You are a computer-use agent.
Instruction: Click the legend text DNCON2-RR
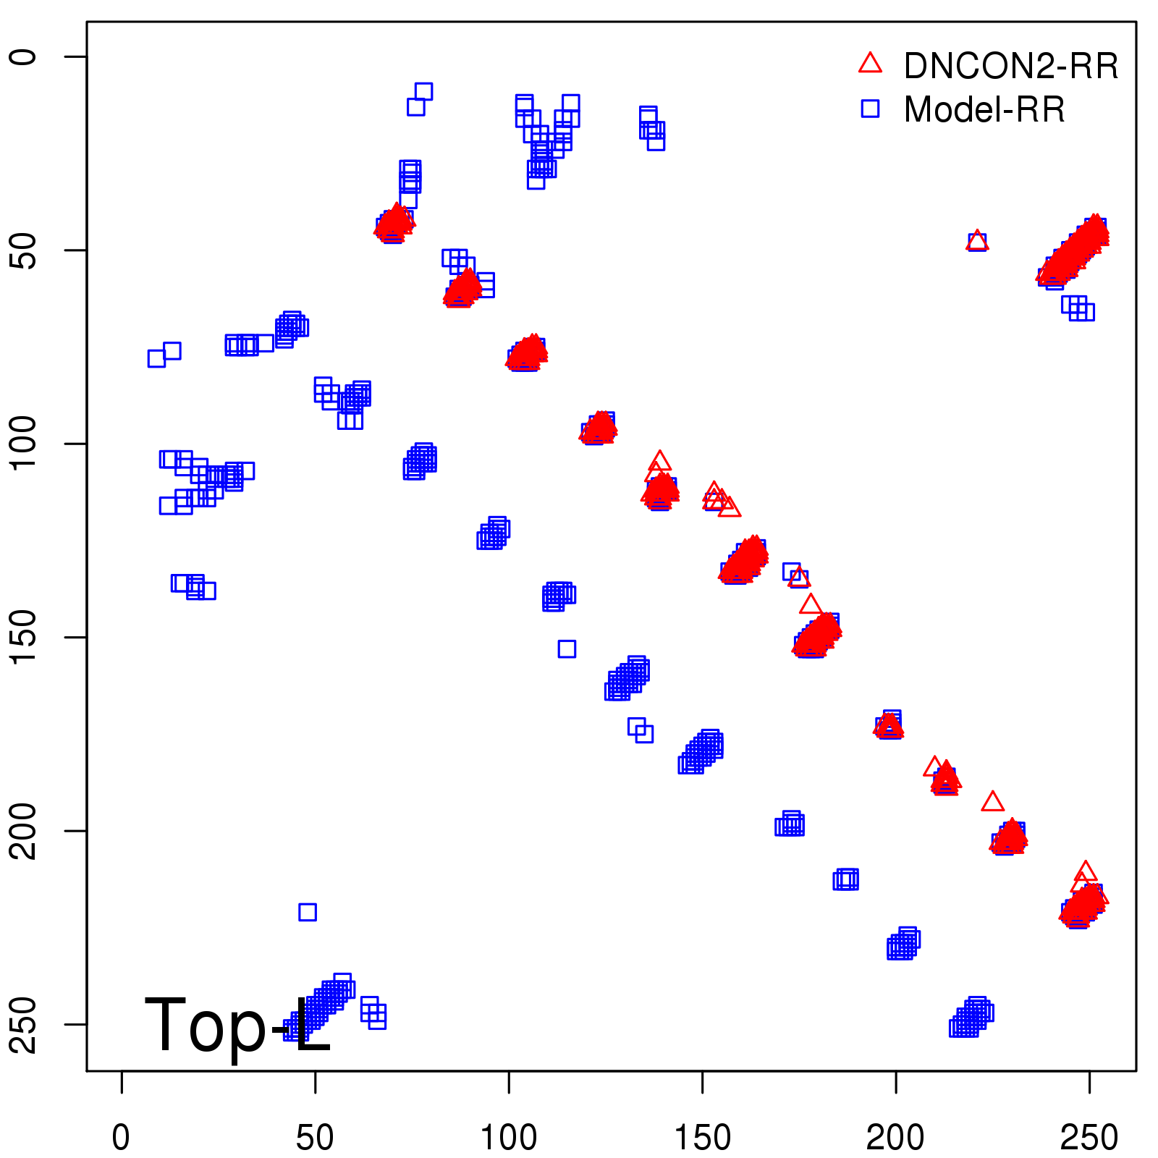[x=1011, y=66]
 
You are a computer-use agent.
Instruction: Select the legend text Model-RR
[x=984, y=109]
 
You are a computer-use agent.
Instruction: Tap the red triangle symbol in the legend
[x=870, y=64]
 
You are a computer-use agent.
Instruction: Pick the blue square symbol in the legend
[x=870, y=109]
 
